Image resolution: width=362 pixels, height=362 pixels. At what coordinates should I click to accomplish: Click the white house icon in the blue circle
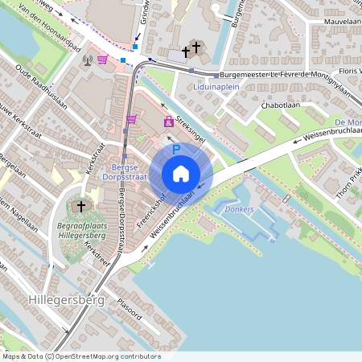click(x=181, y=174)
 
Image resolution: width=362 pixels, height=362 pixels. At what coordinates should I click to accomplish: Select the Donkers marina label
click(x=240, y=209)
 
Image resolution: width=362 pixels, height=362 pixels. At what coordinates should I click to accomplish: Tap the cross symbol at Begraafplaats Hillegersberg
click(x=80, y=207)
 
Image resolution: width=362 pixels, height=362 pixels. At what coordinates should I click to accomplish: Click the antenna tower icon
click(x=87, y=59)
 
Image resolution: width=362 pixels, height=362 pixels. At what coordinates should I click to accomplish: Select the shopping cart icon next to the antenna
click(x=102, y=59)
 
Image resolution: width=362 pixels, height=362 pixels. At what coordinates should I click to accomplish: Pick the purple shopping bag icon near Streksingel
click(x=168, y=121)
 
